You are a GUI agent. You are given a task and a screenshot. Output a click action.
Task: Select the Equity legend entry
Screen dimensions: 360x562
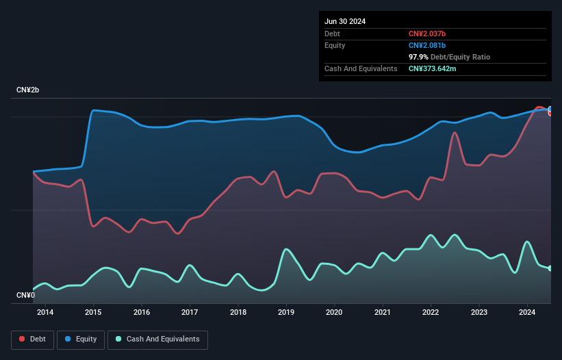tap(81, 339)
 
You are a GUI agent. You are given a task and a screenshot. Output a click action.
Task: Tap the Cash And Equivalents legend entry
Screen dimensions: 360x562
tap(157, 339)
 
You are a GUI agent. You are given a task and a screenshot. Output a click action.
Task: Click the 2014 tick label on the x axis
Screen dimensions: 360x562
tap(45, 313)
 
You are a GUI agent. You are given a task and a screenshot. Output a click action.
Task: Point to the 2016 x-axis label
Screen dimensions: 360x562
tap(142, 313)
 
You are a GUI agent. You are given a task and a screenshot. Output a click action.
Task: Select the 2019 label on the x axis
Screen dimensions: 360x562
tap(286, 313)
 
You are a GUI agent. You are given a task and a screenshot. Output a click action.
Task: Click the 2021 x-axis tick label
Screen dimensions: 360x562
tap(383, 313)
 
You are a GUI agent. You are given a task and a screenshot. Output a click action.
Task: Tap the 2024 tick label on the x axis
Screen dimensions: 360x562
tap(527, 313)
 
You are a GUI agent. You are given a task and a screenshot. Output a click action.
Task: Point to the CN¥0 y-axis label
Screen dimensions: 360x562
tap(26, 296)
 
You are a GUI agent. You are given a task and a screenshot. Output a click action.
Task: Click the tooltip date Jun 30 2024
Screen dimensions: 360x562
tap(345, 21)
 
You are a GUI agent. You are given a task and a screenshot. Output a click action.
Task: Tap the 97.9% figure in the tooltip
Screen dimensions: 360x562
tap(419, 57)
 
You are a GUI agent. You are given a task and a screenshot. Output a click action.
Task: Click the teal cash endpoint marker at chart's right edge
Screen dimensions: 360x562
tap(550, 268)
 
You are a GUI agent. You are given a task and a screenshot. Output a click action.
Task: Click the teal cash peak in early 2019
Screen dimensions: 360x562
tap(286, 249)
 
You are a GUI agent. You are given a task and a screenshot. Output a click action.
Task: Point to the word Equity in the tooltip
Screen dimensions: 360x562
tap(335, 45)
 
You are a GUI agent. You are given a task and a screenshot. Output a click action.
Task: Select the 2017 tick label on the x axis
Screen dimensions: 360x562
tap(190, 313)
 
